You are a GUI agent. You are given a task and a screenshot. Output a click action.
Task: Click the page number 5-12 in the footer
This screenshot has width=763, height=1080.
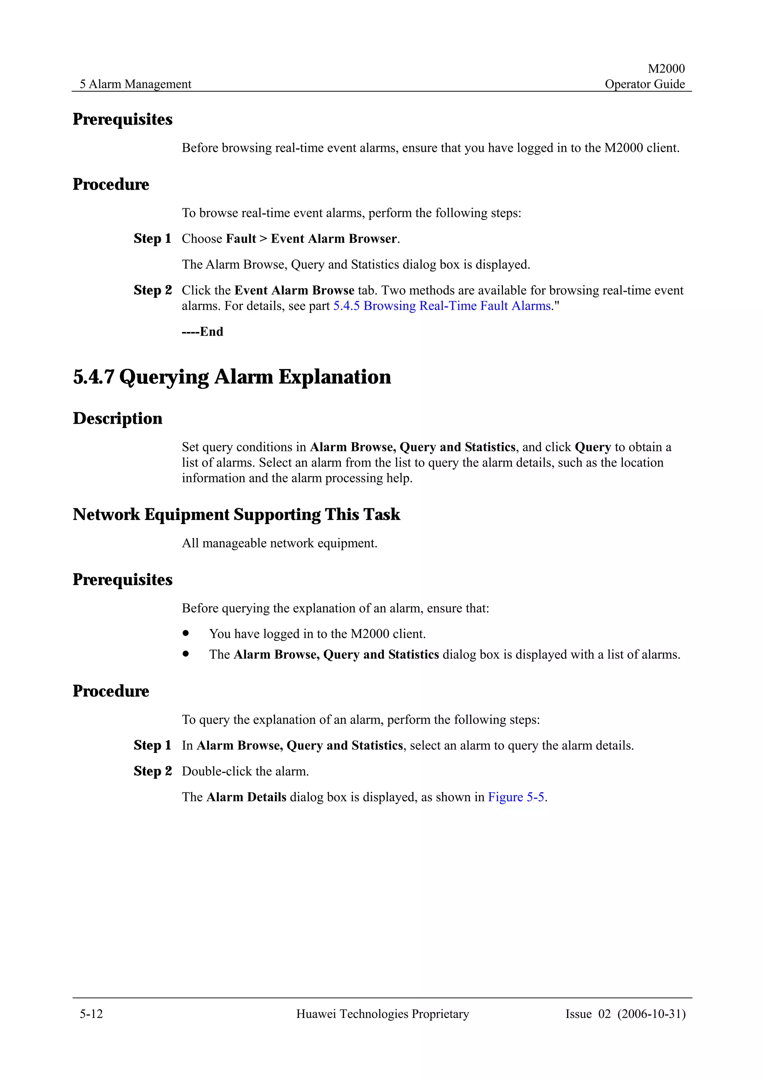click(x=91, y=1014)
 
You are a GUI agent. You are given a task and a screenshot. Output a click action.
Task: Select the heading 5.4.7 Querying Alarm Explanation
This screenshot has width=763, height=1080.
click(x=232, y=377)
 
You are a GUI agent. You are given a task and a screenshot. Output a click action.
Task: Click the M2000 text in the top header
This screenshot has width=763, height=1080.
click(x=666, y=69)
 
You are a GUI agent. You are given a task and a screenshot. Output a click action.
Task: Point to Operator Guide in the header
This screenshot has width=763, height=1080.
click(x=644, y=84)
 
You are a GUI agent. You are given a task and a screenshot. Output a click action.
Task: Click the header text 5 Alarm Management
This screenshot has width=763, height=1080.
click(x=135, y=84)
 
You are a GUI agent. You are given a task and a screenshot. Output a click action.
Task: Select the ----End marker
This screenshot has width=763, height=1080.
click(x=203, y=332)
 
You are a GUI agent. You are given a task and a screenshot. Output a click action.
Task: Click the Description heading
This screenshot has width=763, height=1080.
click(x=117, y=418)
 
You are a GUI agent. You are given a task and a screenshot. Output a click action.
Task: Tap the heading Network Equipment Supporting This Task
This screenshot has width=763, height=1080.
click(x=236, y=514)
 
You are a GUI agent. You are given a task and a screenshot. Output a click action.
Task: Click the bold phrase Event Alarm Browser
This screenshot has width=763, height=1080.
click(x=334, y=239)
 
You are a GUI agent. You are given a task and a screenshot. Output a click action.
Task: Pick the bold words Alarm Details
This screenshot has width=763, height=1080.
click(x=246, y=797)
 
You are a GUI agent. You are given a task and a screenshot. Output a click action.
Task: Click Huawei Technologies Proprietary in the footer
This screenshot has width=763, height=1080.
click(x=382, y=1014)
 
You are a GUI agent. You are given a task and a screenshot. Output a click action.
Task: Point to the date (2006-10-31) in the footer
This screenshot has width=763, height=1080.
click(x=651, y=1014)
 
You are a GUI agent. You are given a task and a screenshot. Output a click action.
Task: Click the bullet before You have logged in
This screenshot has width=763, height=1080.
click(x=186, y=633)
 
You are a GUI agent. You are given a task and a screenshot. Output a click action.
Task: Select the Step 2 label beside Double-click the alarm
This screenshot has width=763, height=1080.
click(x=152, y=771)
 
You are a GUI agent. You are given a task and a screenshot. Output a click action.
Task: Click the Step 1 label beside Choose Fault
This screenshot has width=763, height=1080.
click(x=152, y=239)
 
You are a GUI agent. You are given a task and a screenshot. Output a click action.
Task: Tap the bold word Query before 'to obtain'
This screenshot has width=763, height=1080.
click(x=592, y=447)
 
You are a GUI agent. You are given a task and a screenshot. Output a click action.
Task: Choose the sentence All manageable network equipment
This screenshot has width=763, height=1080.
click(x=280, y=543)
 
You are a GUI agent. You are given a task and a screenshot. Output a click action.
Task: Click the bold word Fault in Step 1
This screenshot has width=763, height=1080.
click(x=241, y=239)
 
